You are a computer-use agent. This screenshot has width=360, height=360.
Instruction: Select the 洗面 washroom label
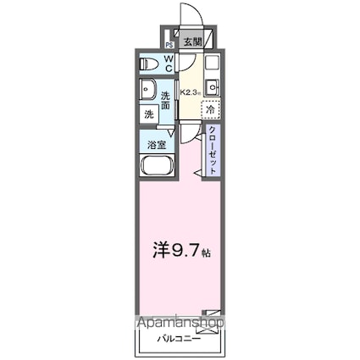167,99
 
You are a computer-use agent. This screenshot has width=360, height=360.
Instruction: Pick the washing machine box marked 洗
147,114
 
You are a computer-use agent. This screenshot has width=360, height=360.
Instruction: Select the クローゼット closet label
212,151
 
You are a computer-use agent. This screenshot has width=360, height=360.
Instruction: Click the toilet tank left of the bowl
141,64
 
